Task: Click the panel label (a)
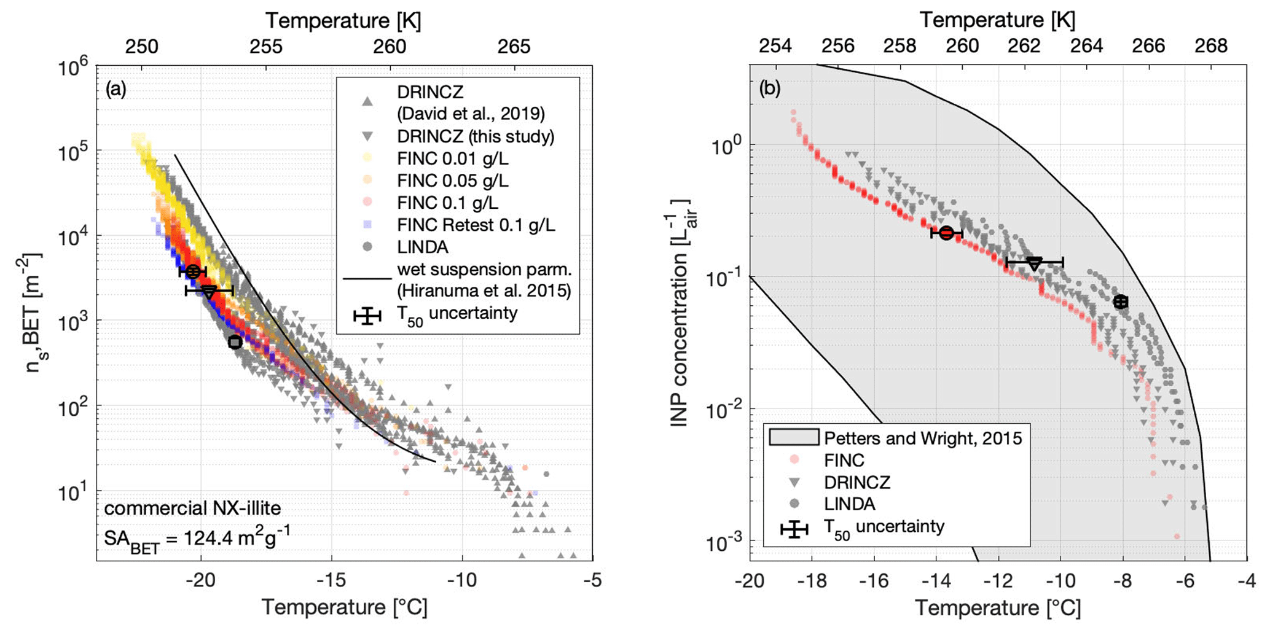point(116,90)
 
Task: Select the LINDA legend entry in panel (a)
point(423,247)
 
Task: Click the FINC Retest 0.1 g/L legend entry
point(476,225)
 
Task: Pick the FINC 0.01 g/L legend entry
point(452,158)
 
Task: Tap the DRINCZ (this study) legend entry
point(475,136)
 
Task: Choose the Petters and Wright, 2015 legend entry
point(922,438)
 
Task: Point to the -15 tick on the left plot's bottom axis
point(332,580)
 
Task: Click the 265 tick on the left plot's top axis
point(514,46)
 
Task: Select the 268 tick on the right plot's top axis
point(1210,46)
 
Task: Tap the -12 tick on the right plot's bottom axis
point(997,580)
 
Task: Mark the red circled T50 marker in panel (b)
point(946,233)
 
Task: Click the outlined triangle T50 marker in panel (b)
point(1035,263)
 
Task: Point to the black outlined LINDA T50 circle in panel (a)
point(235,342)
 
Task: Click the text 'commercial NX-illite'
point(192,508)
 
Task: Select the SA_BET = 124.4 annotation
point(197,539)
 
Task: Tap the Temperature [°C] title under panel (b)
point(998,608)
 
